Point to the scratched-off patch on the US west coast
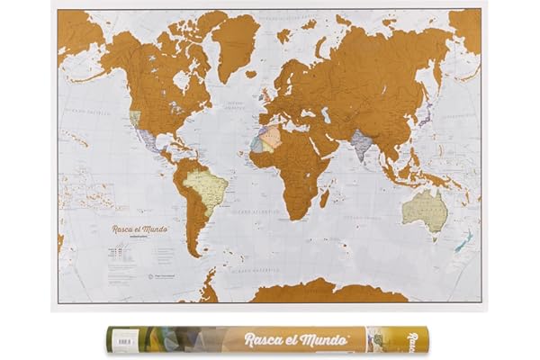[135, 118]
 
